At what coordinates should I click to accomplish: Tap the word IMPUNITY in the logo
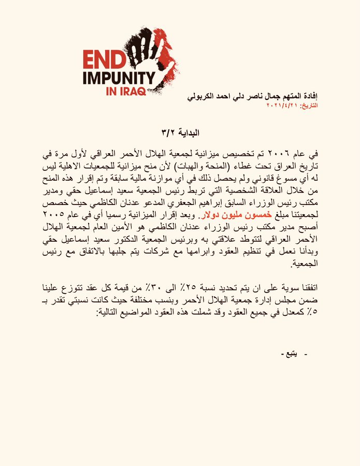(119, 78)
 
